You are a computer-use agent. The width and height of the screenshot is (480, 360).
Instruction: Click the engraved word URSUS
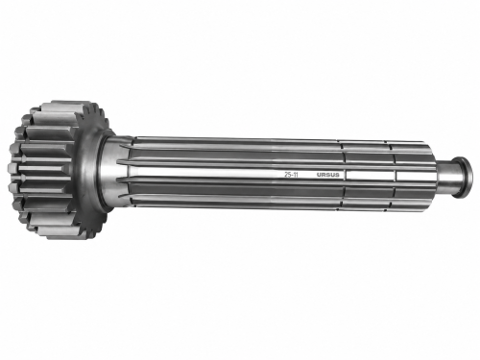tap(327, 175)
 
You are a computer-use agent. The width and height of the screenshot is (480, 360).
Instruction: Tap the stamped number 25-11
tap(291, 175)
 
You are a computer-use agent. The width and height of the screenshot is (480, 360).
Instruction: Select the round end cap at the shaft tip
tap(466, 177)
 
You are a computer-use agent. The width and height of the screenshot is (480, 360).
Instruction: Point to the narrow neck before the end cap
tap(446, 177)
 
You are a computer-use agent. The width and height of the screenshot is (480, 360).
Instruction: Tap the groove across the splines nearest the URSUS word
tap(344, 176)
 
